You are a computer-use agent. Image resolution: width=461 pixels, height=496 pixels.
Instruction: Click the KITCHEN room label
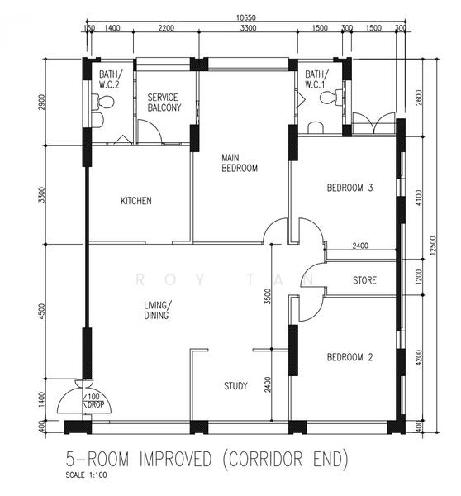click(136, 201)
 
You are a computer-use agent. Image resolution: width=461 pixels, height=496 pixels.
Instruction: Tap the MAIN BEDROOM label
click(240, 163)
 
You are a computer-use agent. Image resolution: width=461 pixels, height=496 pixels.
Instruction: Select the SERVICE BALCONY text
click(164, 103)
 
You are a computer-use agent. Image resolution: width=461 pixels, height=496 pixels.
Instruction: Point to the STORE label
click(364, 280)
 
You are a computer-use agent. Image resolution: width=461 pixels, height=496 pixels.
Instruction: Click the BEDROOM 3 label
click(349, 188)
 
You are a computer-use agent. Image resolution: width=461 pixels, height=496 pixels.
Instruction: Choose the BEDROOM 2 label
click(349, 357)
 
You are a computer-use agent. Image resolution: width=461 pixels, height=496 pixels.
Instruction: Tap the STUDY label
click(235, 385)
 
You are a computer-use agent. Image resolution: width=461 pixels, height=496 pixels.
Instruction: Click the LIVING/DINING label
click(158, 310)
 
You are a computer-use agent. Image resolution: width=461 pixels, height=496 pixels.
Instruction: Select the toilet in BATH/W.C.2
click(103, 102)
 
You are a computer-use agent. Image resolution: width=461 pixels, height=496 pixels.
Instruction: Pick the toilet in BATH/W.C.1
click(331, 97)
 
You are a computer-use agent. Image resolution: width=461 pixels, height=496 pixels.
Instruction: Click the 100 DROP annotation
click(95, 400)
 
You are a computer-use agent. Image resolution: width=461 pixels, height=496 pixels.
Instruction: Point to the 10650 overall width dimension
click(246, 17)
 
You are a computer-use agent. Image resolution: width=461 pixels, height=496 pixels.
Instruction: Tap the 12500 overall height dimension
click(433, 246)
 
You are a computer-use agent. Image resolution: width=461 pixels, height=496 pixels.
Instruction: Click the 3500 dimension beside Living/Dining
click(268, 297)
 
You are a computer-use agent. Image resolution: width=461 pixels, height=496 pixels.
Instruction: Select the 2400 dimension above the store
click(360, 246)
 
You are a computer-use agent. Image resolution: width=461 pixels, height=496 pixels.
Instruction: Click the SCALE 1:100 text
click(86, 475)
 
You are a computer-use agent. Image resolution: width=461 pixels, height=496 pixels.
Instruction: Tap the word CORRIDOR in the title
click(265, 459)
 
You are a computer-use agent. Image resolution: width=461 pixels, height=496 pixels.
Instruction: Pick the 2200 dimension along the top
click(166, 28)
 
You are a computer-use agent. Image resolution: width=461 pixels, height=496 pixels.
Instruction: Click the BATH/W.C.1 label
click(316, 79)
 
